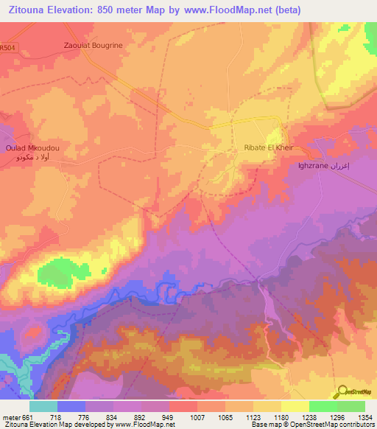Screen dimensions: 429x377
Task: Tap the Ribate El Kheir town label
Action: [268, 147]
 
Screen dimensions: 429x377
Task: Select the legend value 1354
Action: [365, 416]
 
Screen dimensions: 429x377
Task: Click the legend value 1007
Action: [197, 416]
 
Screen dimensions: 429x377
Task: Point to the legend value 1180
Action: [281, 416]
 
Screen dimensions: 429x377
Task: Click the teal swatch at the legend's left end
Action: [43, 406]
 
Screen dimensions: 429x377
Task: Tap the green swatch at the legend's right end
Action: [351, 406]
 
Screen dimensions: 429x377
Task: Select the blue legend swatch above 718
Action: [71, 406]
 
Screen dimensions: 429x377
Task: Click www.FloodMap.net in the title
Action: [225, 8]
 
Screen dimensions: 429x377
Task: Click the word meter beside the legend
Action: [11, 416]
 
